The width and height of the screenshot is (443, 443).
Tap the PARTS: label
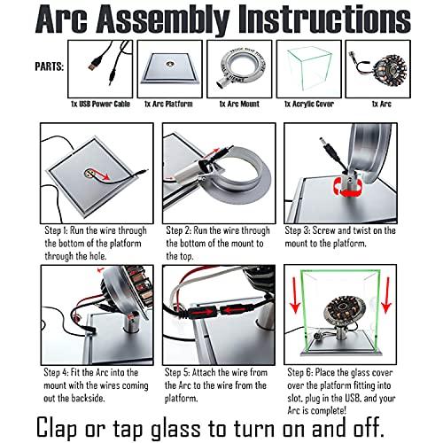click(x=50, y=66)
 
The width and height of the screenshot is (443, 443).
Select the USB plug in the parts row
click(x=95, y=64)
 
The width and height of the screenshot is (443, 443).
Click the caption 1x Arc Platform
click(x=168, y=104)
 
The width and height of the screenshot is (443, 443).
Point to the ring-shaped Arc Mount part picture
click(x=241, y=67)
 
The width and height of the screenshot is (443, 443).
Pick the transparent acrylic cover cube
click(x=309, y=70)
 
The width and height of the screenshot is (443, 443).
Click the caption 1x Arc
click(x=382, y=104)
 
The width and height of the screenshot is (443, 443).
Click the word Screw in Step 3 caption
click(x=323, y=230)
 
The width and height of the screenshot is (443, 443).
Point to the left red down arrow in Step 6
click(x=295, y=296)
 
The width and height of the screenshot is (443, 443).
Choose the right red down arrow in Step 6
click(x=386, y=295)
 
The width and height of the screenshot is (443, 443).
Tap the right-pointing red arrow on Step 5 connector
click(x=202, y=312)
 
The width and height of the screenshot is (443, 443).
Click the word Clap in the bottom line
click(x=58, y=427)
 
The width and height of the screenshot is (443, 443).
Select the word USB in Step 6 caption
click(x=351, y=398)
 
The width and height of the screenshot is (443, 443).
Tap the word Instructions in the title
click(x=324, y=20)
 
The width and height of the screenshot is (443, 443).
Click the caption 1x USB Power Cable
click(x=100, y=104)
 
